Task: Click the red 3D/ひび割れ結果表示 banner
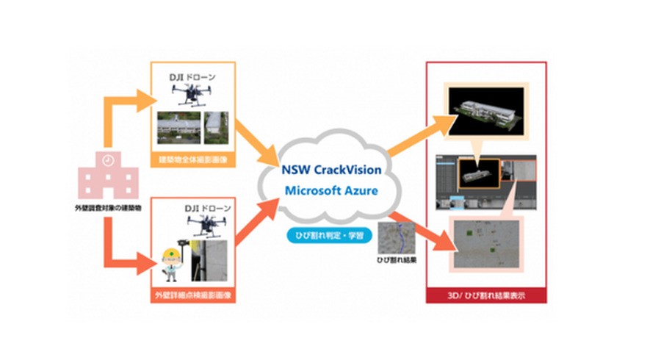point(485,297)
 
